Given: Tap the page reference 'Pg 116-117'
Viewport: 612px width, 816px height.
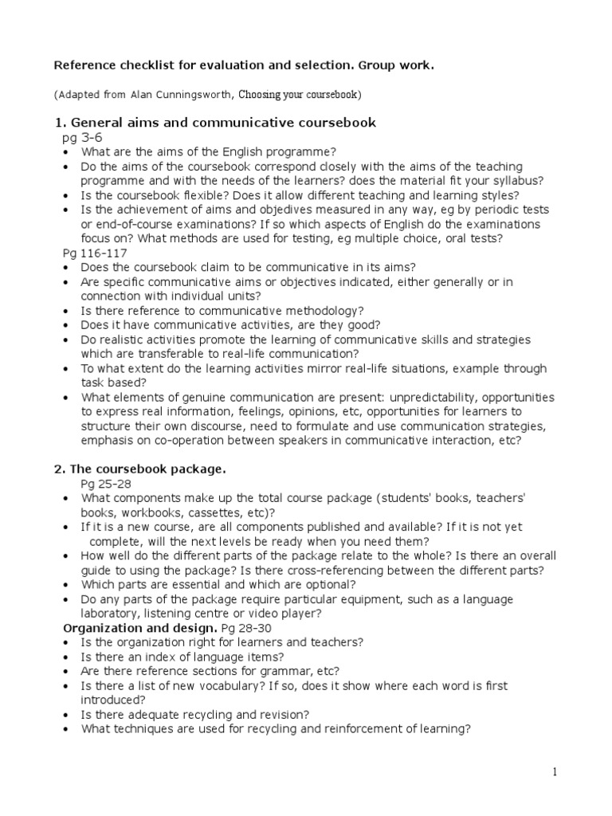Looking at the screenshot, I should (x=92, y=253).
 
